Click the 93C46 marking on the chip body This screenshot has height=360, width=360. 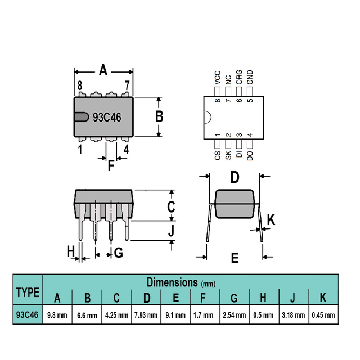[107, 118]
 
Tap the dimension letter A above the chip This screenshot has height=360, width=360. [103, 70]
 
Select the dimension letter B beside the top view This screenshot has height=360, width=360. [159, 116]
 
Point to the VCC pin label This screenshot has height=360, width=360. [218, 78]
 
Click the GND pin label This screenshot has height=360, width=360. [250, 77]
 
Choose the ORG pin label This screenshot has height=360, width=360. [239, 77]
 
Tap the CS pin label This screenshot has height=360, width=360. [218, 155]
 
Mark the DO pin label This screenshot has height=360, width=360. [250, 155]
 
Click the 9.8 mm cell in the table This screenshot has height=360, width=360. [57, 315]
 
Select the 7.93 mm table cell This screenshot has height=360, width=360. [146, 315]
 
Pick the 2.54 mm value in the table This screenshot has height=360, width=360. [234, 315]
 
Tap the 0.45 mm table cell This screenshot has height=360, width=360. [323, 315]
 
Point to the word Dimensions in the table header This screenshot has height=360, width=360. [172, 282]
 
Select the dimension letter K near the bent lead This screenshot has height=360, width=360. [271, 220]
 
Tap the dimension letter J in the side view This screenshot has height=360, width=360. [171, 231]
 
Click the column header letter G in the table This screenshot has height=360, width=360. [234, 298]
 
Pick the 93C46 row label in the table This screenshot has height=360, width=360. [27, 314]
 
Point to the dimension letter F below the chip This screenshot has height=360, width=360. [111, 165]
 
